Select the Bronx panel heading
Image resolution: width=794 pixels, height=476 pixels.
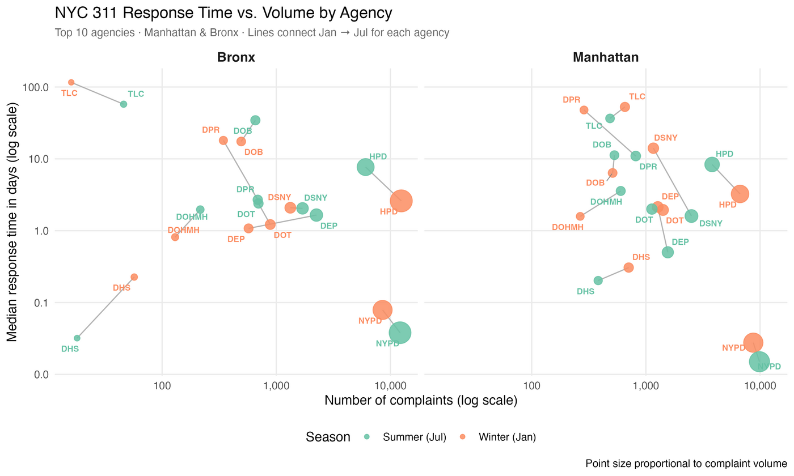click(x=236, y=57)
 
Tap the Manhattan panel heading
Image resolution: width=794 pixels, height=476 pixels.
click(x=606, y=57)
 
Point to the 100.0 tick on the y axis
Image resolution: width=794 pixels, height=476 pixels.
click(x=36, y=87)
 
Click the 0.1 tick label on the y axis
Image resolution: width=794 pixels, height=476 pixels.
click(x=40, y=303)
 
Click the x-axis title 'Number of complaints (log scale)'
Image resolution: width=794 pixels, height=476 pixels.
click(x=421, y=401)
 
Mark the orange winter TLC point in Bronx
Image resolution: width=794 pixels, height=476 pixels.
click(x=71, y=82)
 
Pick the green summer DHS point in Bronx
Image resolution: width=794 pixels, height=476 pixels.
click(x=77, y=338)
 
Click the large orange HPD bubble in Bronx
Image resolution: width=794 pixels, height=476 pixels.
click(x=401, y=201)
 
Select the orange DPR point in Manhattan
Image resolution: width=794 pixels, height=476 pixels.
click(x=584, y=110)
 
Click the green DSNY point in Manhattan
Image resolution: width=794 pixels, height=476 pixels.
click(x=691, y=216)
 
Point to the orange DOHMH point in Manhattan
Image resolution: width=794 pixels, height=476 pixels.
click(x=580, y=216)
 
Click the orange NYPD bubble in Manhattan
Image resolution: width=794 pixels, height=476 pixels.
click(x=753, y=342)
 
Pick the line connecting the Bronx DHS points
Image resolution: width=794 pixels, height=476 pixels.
click(x=105, y=308)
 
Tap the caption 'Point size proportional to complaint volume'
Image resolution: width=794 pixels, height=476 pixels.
click(x=686, y=464)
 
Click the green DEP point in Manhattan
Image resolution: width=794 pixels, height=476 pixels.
click(x=668, y=252)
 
